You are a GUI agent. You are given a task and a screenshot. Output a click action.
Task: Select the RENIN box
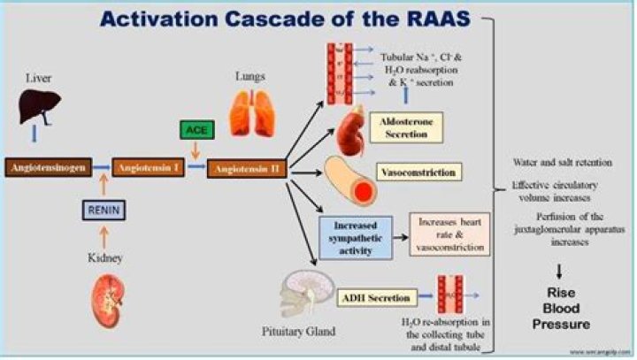tap(102, 210)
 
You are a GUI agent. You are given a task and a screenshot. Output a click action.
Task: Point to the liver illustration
tap(40, 109)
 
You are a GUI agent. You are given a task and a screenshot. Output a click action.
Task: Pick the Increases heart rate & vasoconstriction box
tap(450, 234)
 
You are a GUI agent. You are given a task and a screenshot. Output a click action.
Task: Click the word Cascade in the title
tap(288, 19)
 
